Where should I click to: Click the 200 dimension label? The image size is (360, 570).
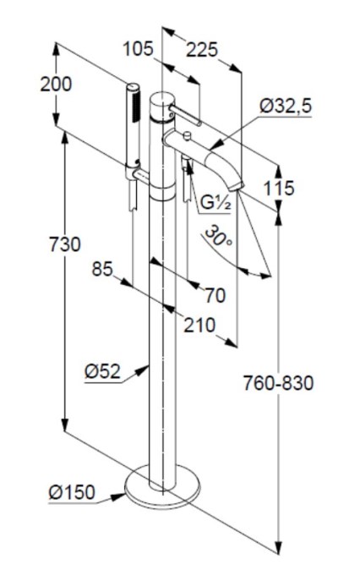pos(56,85)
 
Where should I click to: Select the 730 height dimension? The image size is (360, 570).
pos(65,244)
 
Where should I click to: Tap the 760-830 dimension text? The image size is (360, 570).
pos(278,383)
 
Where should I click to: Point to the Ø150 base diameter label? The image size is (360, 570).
pos(72,492)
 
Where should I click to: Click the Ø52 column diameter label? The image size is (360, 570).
pos(102,371)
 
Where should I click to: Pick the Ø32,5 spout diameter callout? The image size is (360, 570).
pos(286,107)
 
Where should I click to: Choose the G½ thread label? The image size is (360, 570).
pos(215,203)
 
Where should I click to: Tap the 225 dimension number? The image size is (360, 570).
pos(202,50)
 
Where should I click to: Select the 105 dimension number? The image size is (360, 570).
pos(138,49)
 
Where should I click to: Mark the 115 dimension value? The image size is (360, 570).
pos(279,189)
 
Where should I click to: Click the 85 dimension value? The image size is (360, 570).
pos(102,270)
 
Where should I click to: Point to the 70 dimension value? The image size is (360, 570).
pos(215,295)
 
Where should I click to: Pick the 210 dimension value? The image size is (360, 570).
pos(199,326)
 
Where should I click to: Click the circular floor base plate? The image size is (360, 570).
pos(162,487)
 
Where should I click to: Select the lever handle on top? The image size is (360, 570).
pos(186,115)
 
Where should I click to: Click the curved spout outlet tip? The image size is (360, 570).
pos(236,187)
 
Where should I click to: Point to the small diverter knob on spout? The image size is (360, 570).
pos(188,137)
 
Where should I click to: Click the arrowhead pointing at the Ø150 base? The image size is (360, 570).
pos(117,496)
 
